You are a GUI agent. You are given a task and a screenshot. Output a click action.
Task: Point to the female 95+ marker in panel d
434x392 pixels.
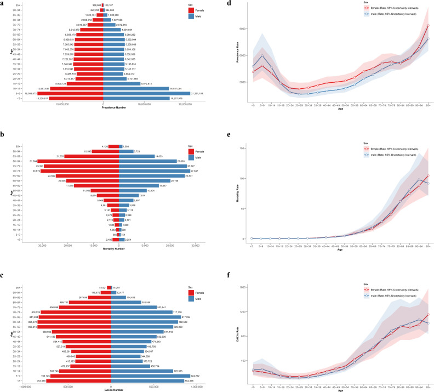428,26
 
